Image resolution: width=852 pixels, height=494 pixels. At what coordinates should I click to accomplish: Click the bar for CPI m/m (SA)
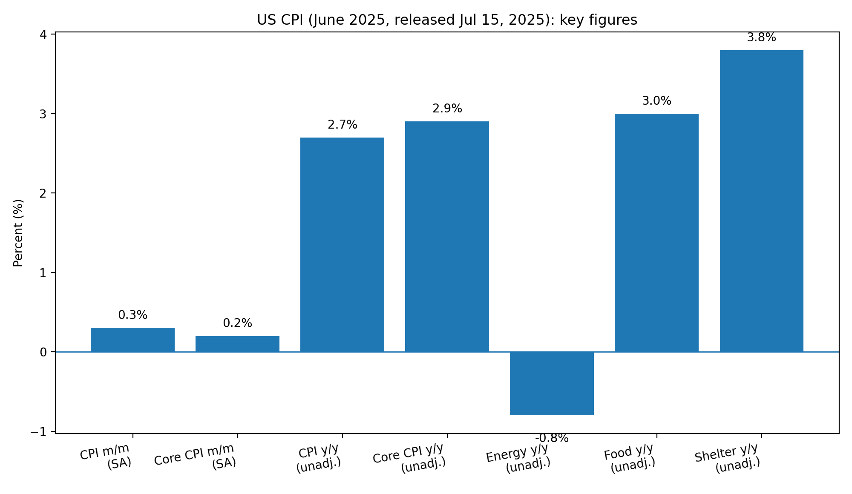[x=132, y=340]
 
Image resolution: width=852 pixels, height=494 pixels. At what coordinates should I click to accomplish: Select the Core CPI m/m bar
[x=237, y=344]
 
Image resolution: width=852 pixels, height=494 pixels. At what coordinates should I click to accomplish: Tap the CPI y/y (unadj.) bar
[x=342, y=245]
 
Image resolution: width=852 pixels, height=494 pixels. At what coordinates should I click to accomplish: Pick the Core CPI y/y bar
[x=447, y=237]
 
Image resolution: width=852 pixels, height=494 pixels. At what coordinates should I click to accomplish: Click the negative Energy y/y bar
[x=552, y=383]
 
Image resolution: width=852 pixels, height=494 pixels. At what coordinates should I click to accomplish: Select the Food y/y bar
[x=656, y=233]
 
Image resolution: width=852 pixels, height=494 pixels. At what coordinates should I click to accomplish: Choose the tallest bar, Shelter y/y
[x=761, y=201]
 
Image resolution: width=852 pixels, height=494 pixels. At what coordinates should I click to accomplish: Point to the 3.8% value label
[x=761, y=38]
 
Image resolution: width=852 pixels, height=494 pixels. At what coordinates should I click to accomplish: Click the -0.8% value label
[x=552, y=438]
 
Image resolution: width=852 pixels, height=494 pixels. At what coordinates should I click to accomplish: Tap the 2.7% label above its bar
[x=342, y=125]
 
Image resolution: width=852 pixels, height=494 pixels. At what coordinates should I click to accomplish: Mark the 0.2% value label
[x=237, y=324]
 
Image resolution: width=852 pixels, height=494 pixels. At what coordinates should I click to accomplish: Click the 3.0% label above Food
[x=656, y=101]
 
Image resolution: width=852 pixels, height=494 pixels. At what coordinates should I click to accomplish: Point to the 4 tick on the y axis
[x=43, y=34]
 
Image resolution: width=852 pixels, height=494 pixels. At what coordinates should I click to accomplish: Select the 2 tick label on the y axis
[x=43, y=193]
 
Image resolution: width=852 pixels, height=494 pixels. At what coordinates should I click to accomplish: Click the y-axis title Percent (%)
[x=18, y=233]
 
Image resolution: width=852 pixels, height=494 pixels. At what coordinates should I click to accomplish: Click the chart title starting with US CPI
[x=447, y=20]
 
